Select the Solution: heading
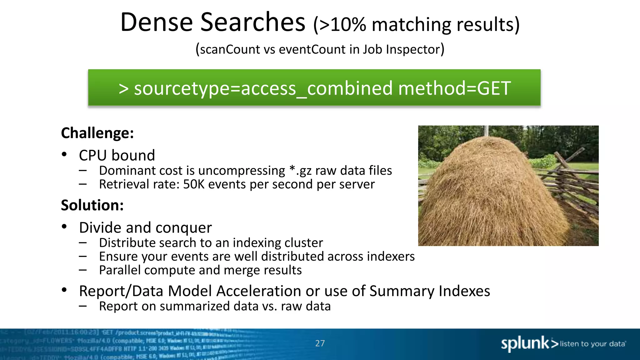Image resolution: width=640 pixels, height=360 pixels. tap(92, 205)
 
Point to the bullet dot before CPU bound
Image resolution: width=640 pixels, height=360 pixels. tap(64, 154)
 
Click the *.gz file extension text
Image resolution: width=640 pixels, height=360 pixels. tap(300, 171)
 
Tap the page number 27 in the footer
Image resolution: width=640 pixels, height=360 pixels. tap(320, 343)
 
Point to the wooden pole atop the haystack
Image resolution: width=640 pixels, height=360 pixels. tap(486, 131)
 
